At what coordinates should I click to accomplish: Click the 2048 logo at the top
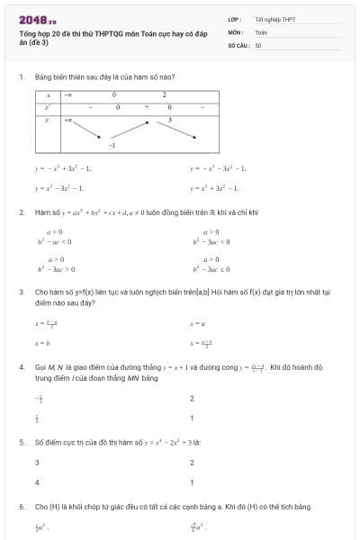pos(36,19)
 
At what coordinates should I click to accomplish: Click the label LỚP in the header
pos(234,19)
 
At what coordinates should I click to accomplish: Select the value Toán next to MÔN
pos(261,31)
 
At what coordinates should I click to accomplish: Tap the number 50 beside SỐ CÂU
pos(258,44)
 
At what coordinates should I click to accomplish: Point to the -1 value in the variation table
pos(112,145)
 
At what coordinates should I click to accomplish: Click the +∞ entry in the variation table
pos(68,119)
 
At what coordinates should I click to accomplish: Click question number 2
pos(21,212)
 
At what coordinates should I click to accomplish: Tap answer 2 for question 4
pos(192,398)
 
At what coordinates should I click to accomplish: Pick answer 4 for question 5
pos(37,482)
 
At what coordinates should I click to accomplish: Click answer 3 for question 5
pos(37,463)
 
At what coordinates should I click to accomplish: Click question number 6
pos(21,507)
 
